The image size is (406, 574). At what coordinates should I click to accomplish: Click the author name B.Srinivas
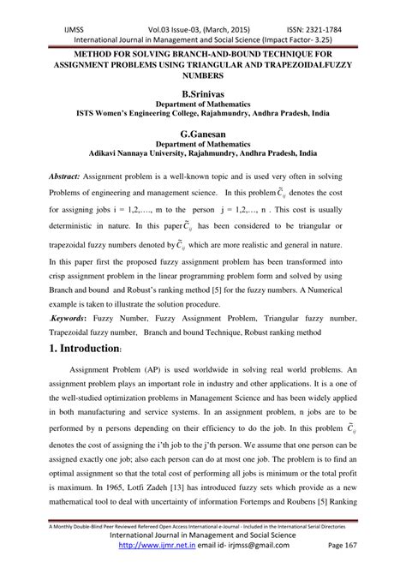[203, 90]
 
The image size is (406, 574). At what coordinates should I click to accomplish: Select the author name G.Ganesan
[203, 135]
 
